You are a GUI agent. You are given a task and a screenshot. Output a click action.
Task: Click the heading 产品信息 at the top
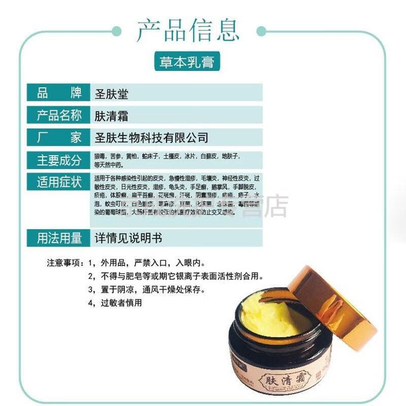click(188, 30)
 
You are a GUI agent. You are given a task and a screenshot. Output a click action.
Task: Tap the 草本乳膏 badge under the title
click(187, 63)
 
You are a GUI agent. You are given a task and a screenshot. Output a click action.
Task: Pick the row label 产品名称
click(59, 115)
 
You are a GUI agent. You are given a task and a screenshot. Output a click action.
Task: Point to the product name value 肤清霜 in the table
click(112, 116)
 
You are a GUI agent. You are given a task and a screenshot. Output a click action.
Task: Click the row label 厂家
click(59, 138)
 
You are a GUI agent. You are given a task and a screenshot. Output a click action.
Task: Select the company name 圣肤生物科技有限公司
click(152, 138)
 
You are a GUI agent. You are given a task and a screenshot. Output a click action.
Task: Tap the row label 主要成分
click(59, 160)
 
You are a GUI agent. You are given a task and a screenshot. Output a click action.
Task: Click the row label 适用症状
click(59, 182)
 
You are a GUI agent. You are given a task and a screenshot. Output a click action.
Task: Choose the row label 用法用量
click(59, 238)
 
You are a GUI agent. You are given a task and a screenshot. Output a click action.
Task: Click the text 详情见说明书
click(129, 238)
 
